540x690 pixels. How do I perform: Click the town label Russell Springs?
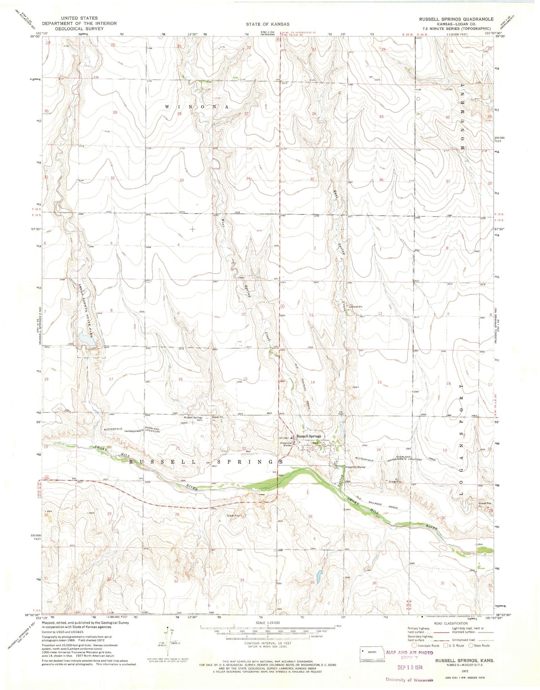[x=308, y=436]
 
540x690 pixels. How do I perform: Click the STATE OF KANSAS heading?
[x=267, y=24]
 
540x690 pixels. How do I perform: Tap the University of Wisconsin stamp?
[x=409, y=680]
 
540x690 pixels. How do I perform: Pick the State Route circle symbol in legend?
[x=471, y=646]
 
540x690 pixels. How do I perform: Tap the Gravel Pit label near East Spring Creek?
[x=355, y=307]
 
